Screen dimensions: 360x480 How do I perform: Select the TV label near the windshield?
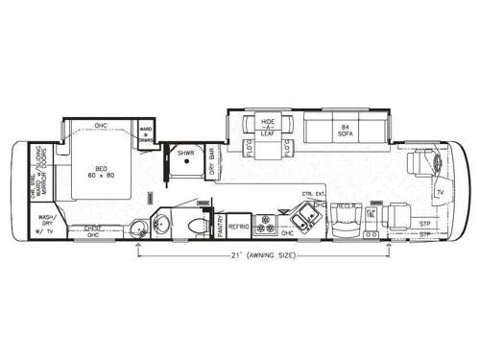(439, 193)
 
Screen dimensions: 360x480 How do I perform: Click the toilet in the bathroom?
(196, 225)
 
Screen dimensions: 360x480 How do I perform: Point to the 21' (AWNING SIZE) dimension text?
(264, 257)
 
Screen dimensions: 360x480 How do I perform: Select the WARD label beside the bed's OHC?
(146, 132)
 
